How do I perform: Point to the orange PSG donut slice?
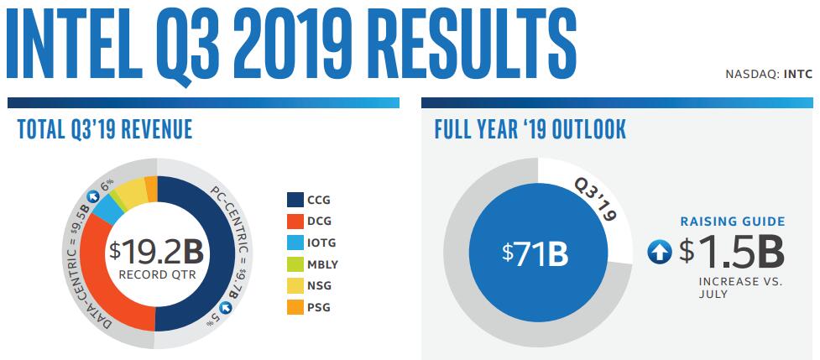[x=150, y=188]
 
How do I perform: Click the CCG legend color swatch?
[x=295, y=200]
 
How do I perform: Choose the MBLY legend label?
[x=323, y=265]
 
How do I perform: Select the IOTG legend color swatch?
[x=295, y=243]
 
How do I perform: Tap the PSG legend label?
[x=320, y=308]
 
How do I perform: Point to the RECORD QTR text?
[x=157, y=274]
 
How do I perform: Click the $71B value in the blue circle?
[x=535, y=253]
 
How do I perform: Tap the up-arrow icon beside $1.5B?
[x=660, y=253]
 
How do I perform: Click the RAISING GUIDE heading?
[x=732, y=222]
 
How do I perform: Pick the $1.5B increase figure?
[x=732, y=252]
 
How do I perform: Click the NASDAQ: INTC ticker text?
[x=769, y=74]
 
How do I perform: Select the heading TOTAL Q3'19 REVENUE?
[x=105, y=129]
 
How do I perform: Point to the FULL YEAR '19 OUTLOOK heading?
[x=530, y=129]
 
